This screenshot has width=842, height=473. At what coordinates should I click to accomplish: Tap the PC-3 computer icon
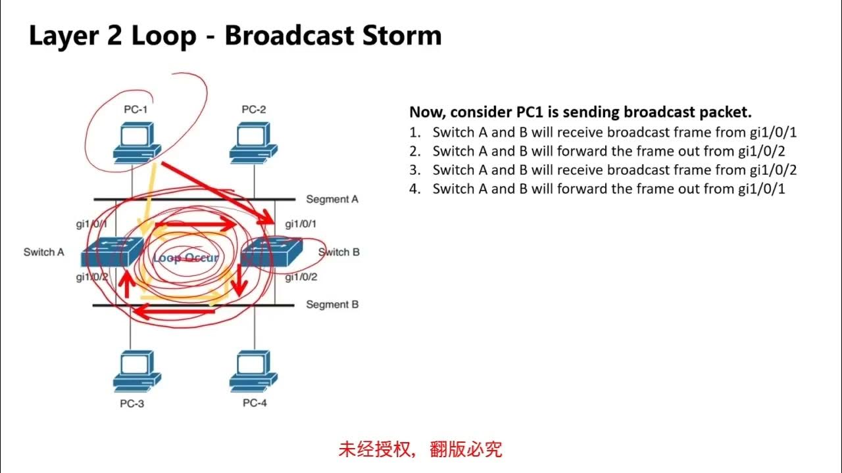pyautogui.click(x=136, y=371)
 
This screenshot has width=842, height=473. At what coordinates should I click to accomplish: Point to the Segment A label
pyautogui.click(x=332, y=199)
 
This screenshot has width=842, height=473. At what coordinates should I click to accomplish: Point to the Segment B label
pyautogui.click(x=332, y=305)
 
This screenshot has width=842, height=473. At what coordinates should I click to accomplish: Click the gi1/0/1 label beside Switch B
pyautogui.click(x=301, y=224)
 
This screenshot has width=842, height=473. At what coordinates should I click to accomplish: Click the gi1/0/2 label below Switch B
pyautogui.click(x=301, y=277)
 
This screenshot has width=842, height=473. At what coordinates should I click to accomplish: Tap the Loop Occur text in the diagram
pyautogui.click(x=186, y=258)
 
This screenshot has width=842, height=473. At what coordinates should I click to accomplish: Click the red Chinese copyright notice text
pyautogui.click(x=420, y=449)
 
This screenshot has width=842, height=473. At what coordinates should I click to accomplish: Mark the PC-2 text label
pyautogui.click(x=253, y=110)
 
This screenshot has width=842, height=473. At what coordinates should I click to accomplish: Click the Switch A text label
pyautogui.click(x=44, y=252)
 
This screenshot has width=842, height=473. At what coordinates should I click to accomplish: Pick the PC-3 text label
pyautogui.click(x=132, y=403)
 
